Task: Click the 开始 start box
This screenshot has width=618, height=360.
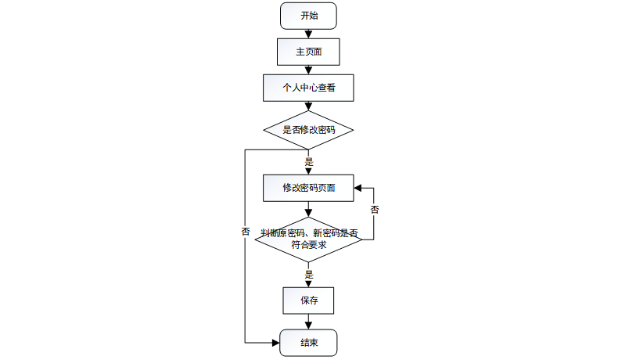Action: click(308, 16)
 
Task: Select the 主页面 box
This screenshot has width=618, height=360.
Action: click(308, 52)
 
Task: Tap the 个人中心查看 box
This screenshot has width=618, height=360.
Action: click(308, 88)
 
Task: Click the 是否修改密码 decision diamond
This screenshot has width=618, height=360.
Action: click(308, 130)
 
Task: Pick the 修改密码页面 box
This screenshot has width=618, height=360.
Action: click(308, 188)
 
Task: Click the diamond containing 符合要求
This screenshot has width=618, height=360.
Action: click(308, 239)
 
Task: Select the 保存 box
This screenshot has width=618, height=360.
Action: click(308, 301)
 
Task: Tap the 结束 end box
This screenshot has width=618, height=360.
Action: click(308, 343)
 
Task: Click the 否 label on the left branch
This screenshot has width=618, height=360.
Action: click(246, 232)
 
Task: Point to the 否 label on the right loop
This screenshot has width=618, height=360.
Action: click(375, 210)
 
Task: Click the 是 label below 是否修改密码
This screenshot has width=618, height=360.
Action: click(308, 161)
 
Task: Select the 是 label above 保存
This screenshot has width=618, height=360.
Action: click(308, 275)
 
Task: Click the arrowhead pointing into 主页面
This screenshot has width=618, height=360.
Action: click(308, 35)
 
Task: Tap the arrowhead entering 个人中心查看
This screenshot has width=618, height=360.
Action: click(308, 71)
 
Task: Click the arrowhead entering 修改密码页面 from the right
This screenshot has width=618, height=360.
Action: click(358, 188)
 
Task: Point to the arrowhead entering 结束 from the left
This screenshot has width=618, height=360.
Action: click(276, 343)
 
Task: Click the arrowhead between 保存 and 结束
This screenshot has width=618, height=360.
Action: click(308, 326)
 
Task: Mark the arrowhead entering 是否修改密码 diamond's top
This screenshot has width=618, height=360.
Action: click(308, 107)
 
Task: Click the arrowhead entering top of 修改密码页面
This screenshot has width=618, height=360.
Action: click(308, 171)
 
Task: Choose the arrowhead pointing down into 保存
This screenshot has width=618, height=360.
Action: click(308, 284)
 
